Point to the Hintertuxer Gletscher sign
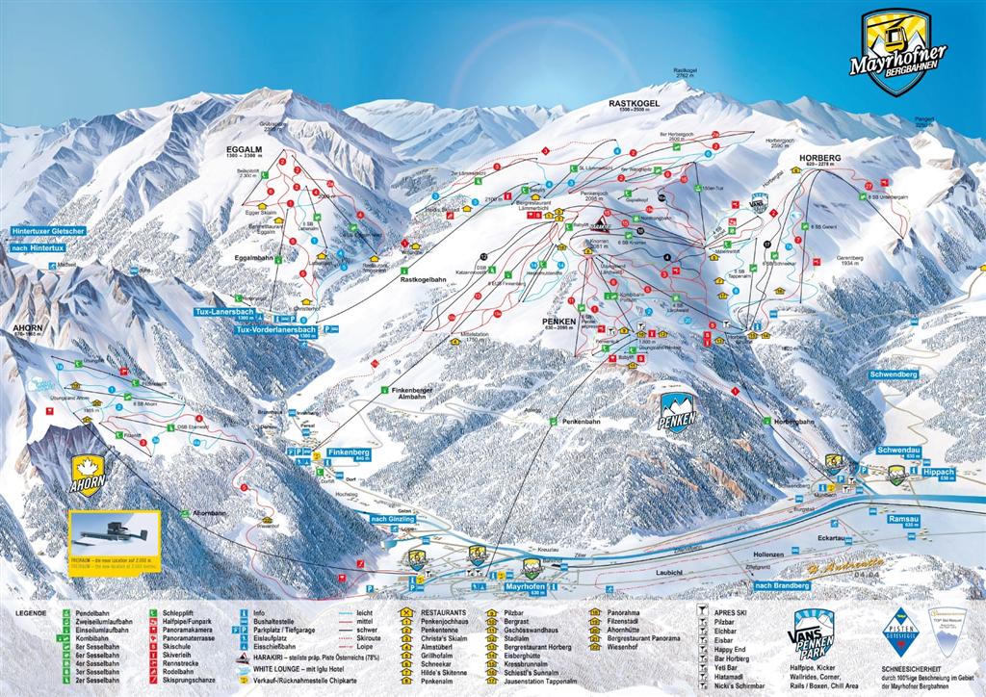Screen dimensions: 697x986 click(48, 232)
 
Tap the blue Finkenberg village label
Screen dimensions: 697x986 click(349, 452)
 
